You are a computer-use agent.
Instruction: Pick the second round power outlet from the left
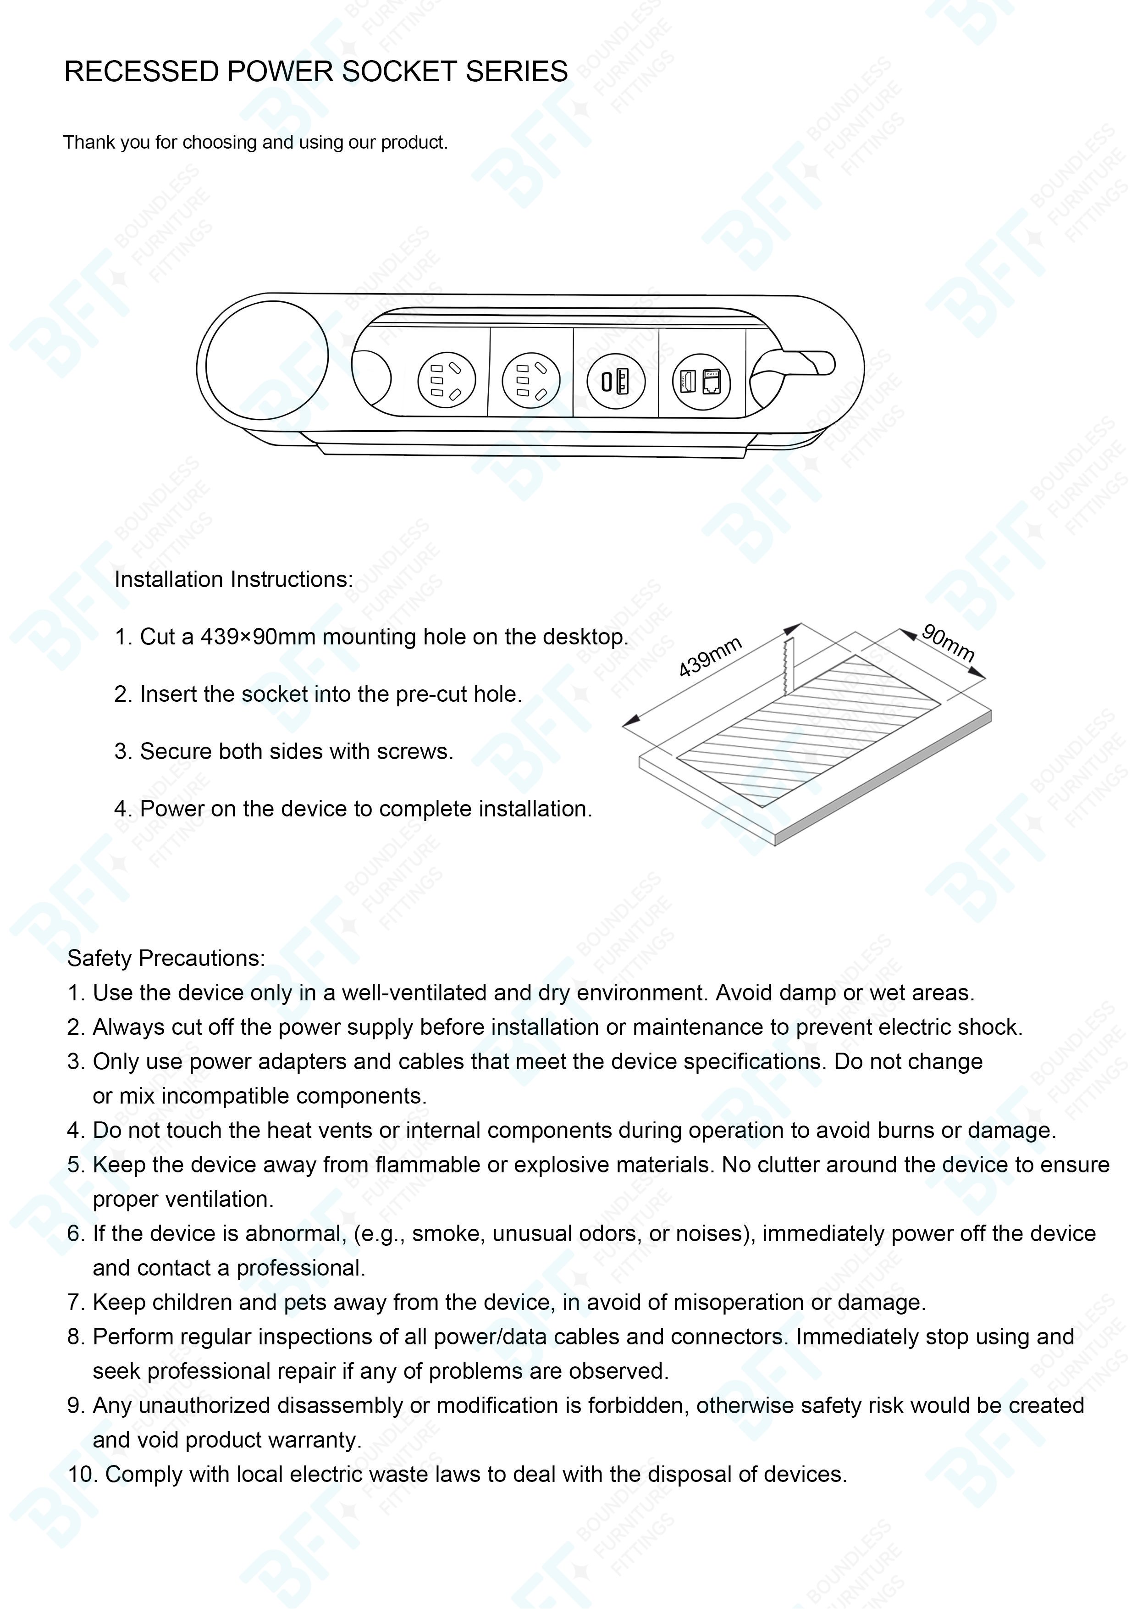(531, 381)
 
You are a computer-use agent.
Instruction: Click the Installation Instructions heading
(233, 580)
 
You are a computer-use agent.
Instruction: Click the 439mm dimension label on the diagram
(710, 657)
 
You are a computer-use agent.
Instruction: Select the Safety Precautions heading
(166, 958)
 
